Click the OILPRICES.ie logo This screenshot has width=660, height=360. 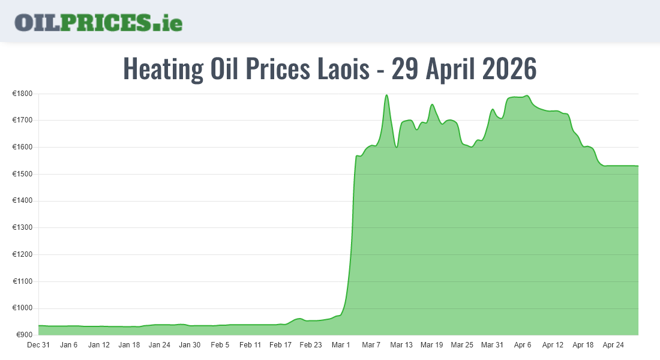(98, 22)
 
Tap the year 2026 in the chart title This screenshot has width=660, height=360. (509, 69)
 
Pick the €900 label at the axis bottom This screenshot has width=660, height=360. (24, 334)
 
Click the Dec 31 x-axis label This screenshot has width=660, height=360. (38, 345)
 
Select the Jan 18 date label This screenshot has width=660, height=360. (129, 345)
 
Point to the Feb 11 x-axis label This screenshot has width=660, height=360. (250, 345)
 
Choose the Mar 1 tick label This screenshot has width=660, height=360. (341, 345)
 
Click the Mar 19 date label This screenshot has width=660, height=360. (431, 345)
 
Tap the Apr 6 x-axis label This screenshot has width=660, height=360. (523, 345)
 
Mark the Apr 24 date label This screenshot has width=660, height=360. (613, 345)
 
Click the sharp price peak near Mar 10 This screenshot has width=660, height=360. (386, 95)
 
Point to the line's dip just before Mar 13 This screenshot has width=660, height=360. (397, 147)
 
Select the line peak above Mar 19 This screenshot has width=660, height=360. (432, 104)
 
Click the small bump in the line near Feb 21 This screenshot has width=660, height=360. (299, 319)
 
